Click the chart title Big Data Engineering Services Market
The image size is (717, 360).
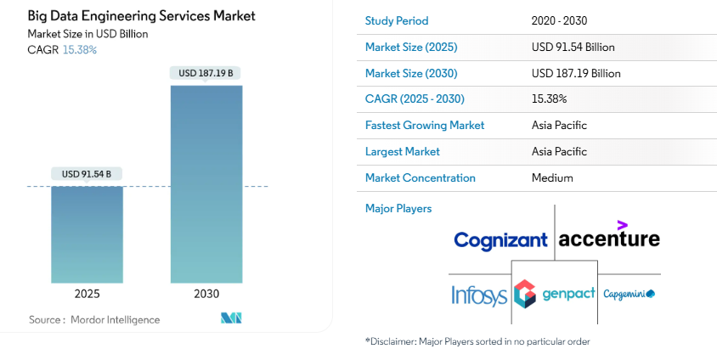(x=141, y=16)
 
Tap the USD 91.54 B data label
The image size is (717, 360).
(x=87, y=174)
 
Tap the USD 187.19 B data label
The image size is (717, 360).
(x=206, y=73)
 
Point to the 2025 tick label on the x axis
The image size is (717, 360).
(x=87, y=294)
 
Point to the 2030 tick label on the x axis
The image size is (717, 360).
(x=206, y=294)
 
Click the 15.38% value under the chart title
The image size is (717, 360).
(x=80, y=49)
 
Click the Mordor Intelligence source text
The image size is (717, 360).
(x=94, y=319)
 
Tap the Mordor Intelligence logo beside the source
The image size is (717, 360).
(x=231, y=318)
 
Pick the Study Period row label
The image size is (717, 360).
(x=397, y=20)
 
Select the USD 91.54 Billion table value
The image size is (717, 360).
(x=573, y=47)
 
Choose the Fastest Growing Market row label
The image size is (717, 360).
(x=425, y=125)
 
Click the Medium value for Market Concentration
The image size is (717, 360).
(x=552, y=177)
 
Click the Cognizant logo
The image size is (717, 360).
(x=500, y=240)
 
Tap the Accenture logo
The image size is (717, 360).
(x=608, y=238)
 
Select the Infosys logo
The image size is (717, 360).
(x=479, y=295)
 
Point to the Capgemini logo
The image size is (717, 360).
(x=629, y=294)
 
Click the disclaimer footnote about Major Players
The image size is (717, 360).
(x=477, y=341)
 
